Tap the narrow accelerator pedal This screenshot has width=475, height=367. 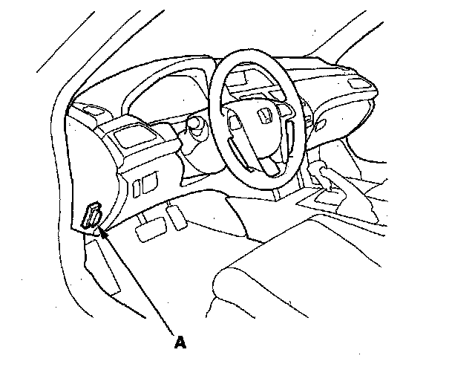pyautogui.click(x=177, y=216)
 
